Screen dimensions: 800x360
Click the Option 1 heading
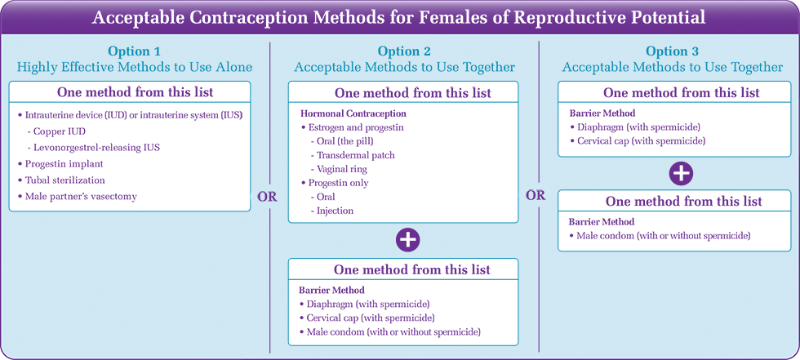click(x=134, y=51)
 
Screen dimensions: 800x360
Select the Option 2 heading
click(x=403, y=51)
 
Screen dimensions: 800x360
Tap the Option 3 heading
click(x=673, y=51)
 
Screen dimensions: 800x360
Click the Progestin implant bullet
click(x=60, y=164)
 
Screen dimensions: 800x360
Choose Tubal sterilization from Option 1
click(x=61, y=180)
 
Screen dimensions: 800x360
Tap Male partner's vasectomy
click(x=77, y=196)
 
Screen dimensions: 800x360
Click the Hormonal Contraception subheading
click(x=353, y=113)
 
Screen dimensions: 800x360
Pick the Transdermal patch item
click(x=352, y=155)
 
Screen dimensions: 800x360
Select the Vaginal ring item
click(x=338, y=169)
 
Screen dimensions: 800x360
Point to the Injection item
click(x=331, y=210)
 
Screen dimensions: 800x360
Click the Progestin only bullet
click(x=335, y=183)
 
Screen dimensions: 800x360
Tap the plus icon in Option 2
click(x=407, y=240)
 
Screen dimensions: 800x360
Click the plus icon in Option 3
click(x=681, y=173)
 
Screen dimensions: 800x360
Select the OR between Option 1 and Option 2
click(x=268, y=198)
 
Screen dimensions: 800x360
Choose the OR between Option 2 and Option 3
click(x=536, y=196)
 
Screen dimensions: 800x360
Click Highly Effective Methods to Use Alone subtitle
click(x=134, y=67)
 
